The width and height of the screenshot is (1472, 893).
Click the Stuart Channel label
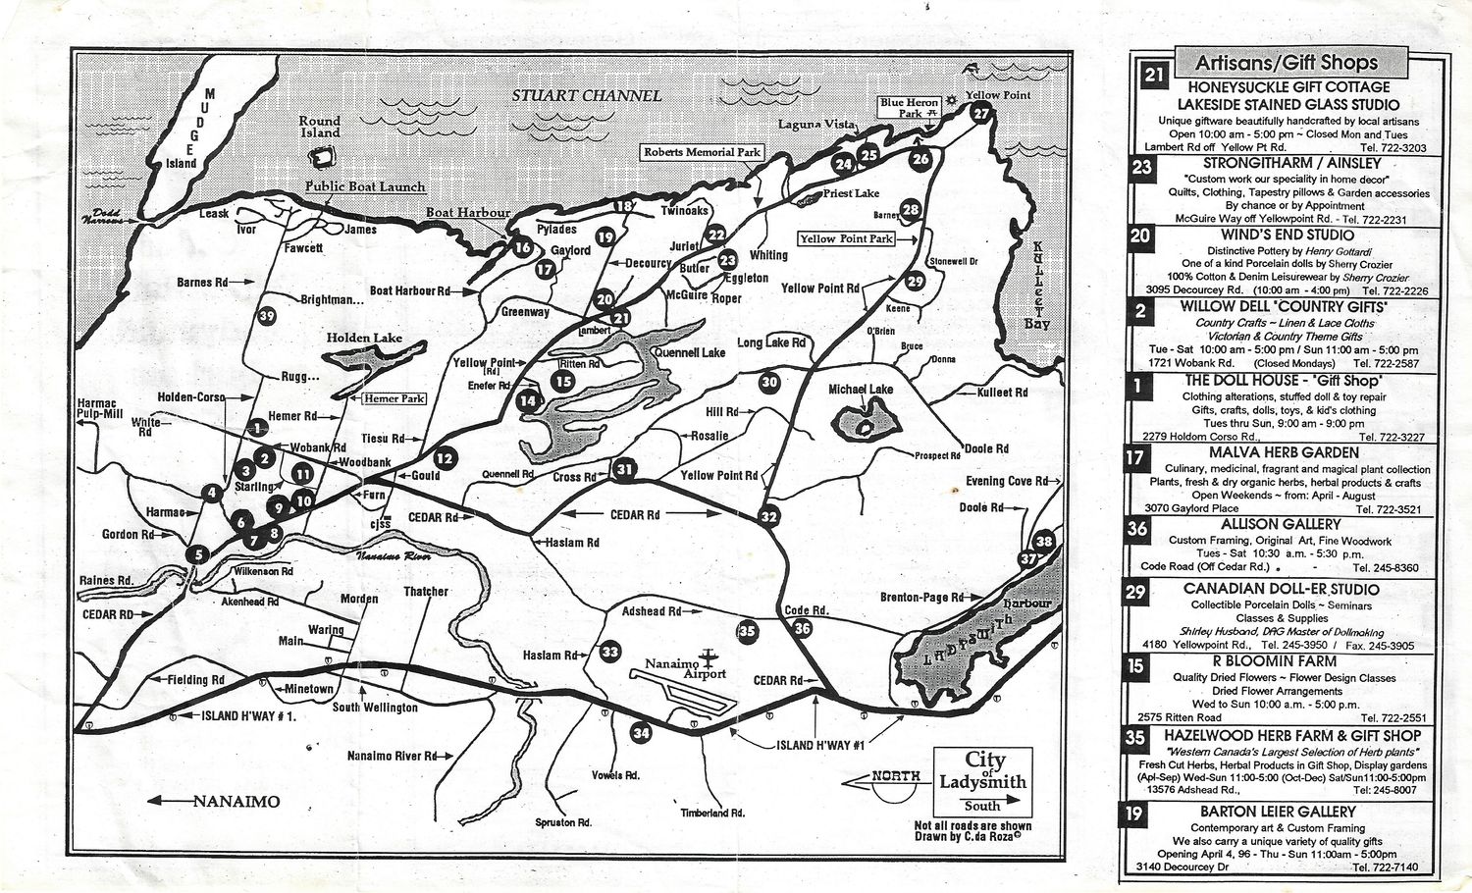[586, 95]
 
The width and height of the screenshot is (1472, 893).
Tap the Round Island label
[320, 127]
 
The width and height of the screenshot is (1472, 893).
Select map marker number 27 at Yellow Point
[980, 113]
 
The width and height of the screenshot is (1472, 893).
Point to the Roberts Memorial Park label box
[702, 153]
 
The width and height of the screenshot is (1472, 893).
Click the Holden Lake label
[364, 338]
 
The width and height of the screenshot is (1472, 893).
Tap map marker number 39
[266, 315]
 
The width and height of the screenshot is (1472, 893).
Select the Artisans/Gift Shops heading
[1286, 63]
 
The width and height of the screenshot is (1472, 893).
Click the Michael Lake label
[861, 390]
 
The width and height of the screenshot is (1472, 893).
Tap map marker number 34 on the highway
[641, 732]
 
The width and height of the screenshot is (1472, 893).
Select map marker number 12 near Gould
[445, 457]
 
